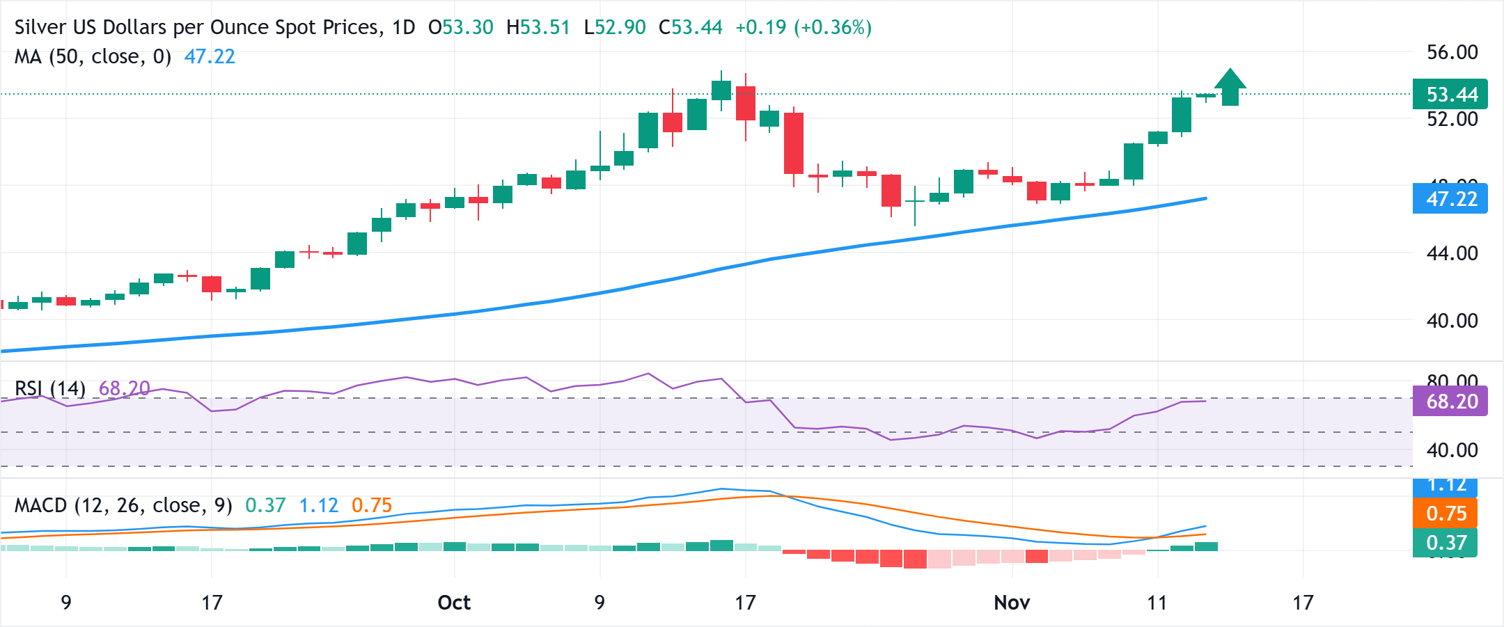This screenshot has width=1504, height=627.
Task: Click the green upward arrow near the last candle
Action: click(1230, 87)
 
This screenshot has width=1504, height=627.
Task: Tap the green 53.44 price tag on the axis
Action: click(1450, 95)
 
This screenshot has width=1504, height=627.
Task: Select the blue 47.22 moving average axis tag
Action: click(1450, 199)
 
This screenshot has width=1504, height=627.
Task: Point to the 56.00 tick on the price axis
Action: click(1452, 52)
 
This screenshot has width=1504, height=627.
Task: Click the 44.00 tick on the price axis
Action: click(1452, 253)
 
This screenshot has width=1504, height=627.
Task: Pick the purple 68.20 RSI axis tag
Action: click(1450, 402)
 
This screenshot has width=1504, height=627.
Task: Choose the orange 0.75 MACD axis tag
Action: click(1446, 514)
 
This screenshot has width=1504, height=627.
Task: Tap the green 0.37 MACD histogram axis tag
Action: click(1446, 543)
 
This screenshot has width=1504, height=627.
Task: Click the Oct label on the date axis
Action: click(454, 603)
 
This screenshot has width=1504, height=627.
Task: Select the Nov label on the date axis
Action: click(1012, 603)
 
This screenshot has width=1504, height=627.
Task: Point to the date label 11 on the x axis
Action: click(1157, 603)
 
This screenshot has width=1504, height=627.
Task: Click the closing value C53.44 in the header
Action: click(691, 28)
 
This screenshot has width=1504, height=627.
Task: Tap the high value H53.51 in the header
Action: click(538, 28)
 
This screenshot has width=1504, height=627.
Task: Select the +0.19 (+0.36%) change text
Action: click(804, 28)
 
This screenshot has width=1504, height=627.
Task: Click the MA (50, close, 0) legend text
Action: click(93, 56)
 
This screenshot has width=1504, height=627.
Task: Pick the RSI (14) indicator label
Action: click(50, 388)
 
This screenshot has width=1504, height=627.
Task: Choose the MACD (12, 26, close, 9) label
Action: click(123, 505)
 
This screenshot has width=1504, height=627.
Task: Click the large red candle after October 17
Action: click(794, 143)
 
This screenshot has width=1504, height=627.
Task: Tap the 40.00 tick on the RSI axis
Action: click(1452, 450)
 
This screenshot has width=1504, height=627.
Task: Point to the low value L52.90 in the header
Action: click(615, 28)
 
